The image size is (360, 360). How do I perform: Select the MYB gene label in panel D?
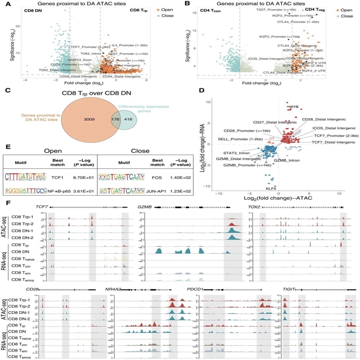pyautogui.click(x=294, y=106)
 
